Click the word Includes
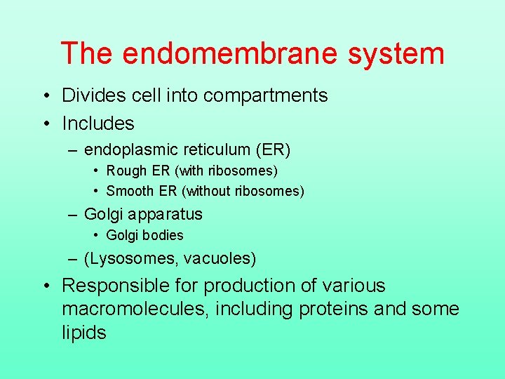(x=97, y=124)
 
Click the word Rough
(x=126, y=171)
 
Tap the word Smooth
(x=130, y=191)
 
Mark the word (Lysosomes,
(x=131, y=258)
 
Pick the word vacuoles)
(x=220, y=258)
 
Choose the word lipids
(x=83, y=332)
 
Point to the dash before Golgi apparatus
(x=73, y=215)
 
